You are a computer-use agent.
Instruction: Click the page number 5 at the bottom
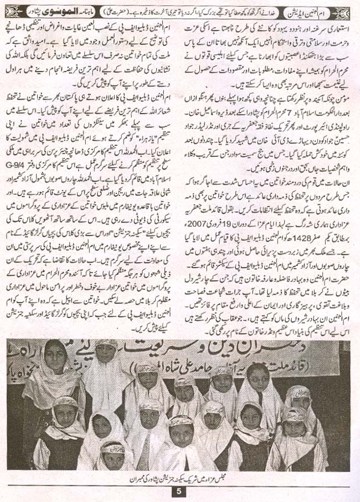(x=179, y=490)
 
